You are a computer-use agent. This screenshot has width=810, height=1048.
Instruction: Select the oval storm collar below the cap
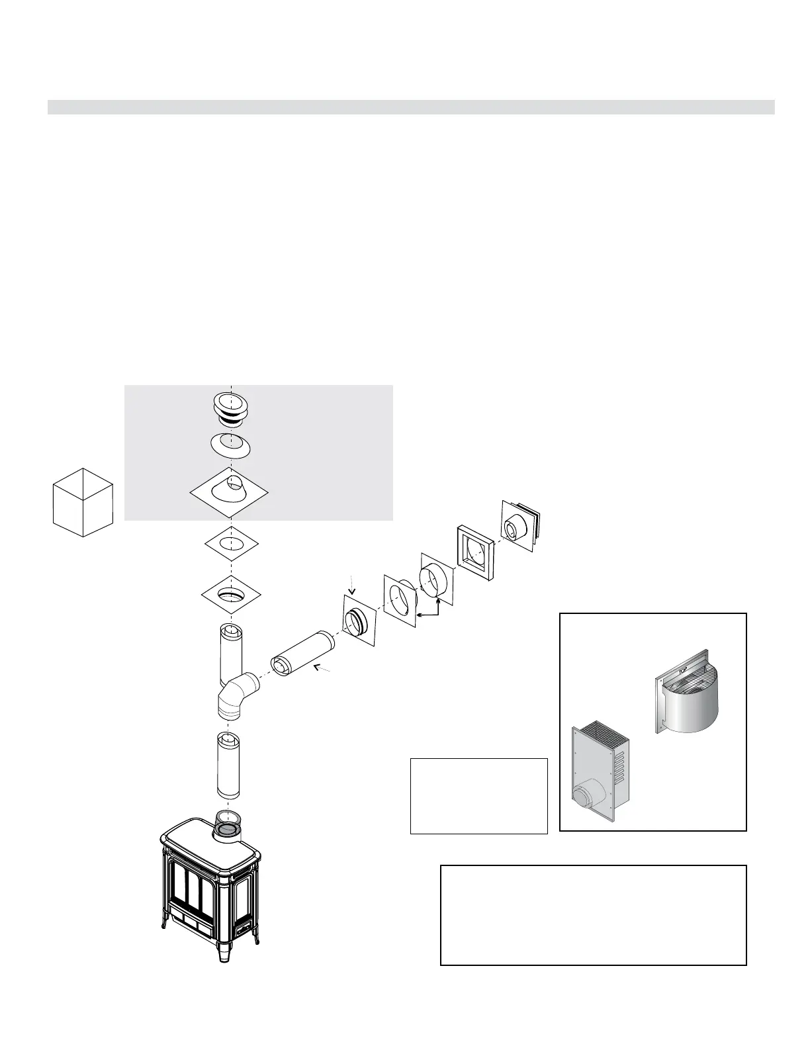230,445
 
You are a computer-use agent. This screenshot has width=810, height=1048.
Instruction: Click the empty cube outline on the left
83,502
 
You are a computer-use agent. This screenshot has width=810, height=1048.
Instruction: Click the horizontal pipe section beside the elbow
302,654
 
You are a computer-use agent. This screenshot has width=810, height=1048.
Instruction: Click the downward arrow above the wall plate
352,585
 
